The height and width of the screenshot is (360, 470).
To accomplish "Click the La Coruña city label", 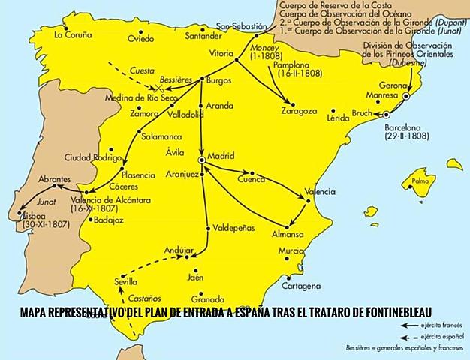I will click(73, 34).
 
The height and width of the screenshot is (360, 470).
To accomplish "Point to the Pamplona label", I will click(296, 66).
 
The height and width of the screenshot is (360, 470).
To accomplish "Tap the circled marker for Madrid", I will click(202, 160).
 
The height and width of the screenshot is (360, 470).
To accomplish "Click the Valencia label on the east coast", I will click(319, 192).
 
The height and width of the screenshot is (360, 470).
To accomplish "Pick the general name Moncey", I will click(258, 46).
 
